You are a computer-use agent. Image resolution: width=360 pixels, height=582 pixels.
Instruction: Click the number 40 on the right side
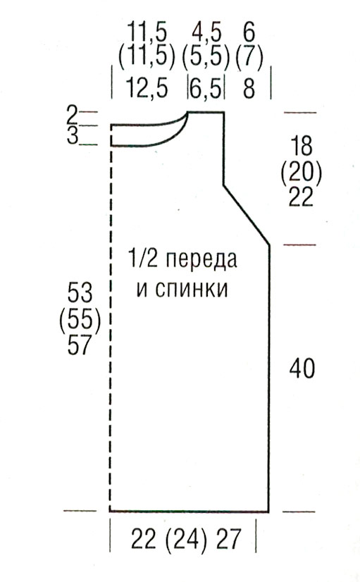302,369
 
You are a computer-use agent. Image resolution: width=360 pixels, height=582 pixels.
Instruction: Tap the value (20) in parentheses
302,171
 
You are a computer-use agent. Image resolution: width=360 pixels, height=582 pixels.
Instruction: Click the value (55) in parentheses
80,319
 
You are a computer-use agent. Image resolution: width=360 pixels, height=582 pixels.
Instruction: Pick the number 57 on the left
80,345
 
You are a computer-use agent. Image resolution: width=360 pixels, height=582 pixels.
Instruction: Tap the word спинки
182,289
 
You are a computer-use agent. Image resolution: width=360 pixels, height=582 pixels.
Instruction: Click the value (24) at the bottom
186,539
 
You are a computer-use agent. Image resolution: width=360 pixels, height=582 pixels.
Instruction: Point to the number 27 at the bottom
230,538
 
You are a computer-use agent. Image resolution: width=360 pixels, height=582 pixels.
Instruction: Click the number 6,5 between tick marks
206,89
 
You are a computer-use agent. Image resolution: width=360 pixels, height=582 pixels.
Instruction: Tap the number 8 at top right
249,88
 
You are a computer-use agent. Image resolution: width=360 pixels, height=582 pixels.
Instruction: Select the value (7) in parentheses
249,58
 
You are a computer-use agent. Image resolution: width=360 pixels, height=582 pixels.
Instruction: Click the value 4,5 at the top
206,32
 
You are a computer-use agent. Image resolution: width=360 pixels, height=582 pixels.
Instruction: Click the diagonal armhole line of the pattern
246,214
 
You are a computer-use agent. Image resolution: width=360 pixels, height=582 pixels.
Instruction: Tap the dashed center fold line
111,328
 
